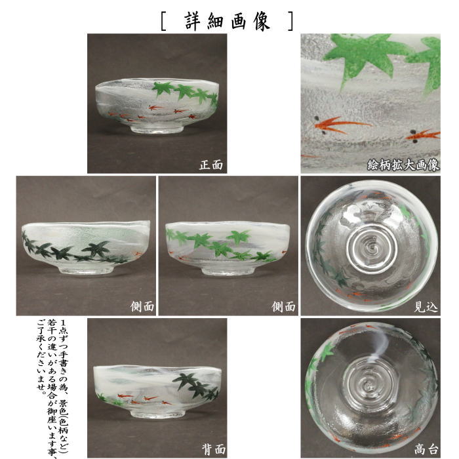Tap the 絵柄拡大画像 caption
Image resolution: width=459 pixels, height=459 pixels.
(403, 165)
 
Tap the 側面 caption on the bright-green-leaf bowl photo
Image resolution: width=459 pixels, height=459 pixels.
(283, 307)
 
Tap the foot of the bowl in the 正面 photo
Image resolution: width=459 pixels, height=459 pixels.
(157, 129)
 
